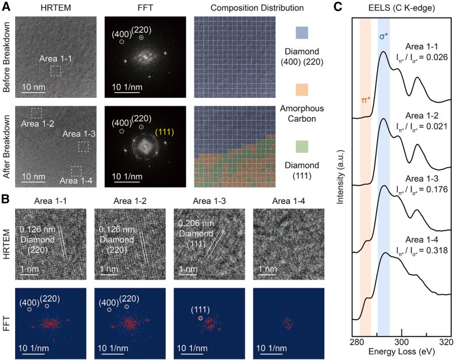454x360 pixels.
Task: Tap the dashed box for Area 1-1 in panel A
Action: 56,70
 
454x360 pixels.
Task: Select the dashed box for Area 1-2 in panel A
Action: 37,112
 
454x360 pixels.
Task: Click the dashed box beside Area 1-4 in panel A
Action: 76,171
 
